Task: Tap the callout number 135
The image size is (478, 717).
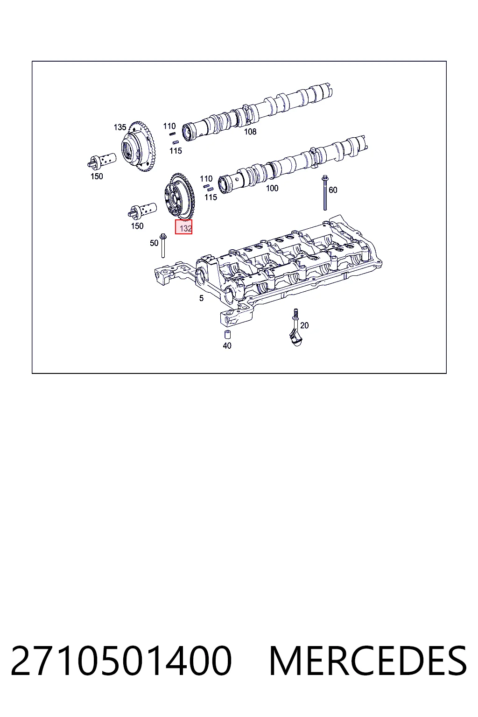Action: click(x=120, y=127)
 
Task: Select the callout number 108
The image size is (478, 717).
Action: click(x=250, y=132)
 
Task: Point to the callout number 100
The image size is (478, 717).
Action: click(x=272, y=188)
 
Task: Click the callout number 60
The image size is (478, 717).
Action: click(x=333, y=190)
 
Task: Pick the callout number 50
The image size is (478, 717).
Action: click(x=154, y=243)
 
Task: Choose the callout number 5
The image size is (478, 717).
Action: click(x=201, y=298)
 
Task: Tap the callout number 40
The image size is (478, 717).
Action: click(x=227, y=346)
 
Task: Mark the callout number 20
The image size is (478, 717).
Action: click(x=304, y=325)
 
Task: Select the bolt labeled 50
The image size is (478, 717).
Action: click(x=162, y=246)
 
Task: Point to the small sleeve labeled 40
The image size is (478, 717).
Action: click(x=227, y=335)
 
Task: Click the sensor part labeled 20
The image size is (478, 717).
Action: click(x=295, y=329)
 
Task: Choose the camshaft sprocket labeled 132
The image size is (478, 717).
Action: click(x=178, y=197)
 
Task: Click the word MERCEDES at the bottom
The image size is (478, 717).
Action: click(x=368, y=661)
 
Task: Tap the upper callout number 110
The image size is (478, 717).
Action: click(x=169, y=126)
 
